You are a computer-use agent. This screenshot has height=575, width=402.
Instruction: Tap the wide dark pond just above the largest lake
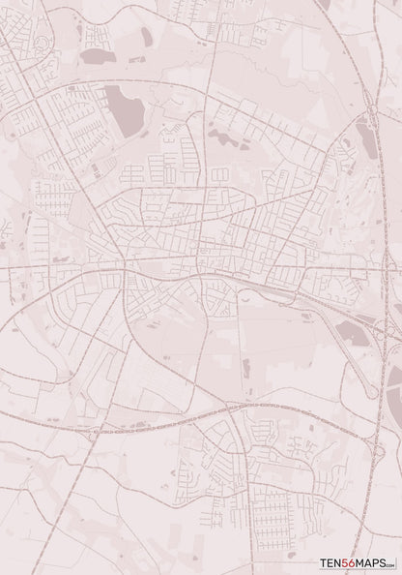[x=98, y=57]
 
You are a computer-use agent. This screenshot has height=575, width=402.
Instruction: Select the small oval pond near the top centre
[x=147, y=37]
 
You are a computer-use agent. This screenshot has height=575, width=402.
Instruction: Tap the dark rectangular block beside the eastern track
[x=355, y=335]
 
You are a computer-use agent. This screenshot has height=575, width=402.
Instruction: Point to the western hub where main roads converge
[x=124, y=263]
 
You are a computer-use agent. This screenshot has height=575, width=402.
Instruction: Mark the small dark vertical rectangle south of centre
[x=245, y=368]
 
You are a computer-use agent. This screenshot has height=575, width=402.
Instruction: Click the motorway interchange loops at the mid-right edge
[x=392, y=319]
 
